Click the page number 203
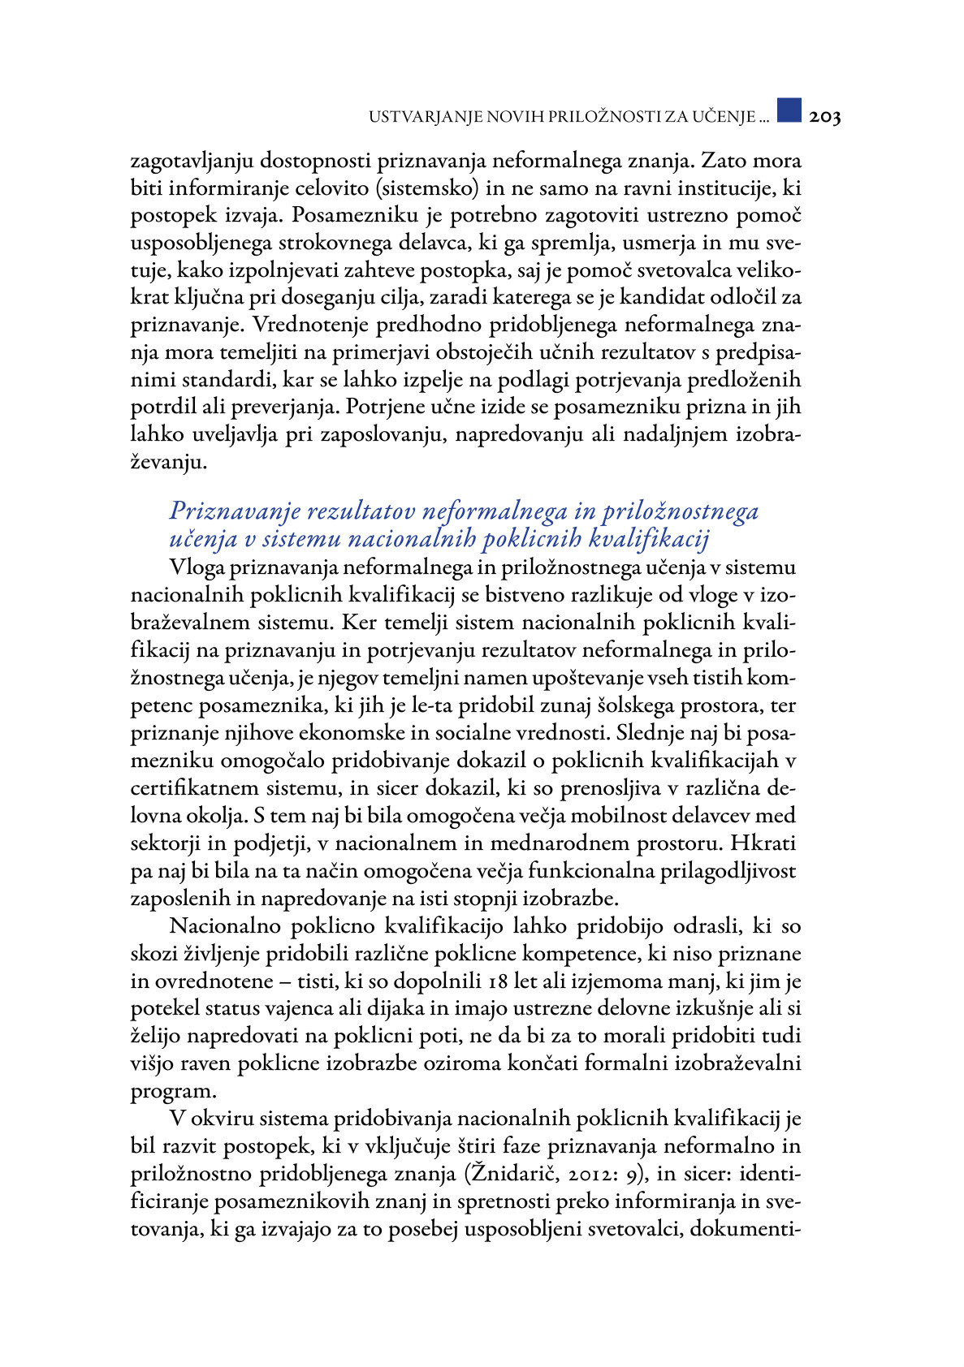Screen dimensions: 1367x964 (824, 117)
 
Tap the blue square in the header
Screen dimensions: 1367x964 (789, 110)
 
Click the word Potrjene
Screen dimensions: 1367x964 (384, 407)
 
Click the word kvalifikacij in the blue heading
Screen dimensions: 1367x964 (649, 538)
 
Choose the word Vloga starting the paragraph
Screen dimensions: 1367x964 (197, 567)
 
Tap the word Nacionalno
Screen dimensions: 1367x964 (226, 926)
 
